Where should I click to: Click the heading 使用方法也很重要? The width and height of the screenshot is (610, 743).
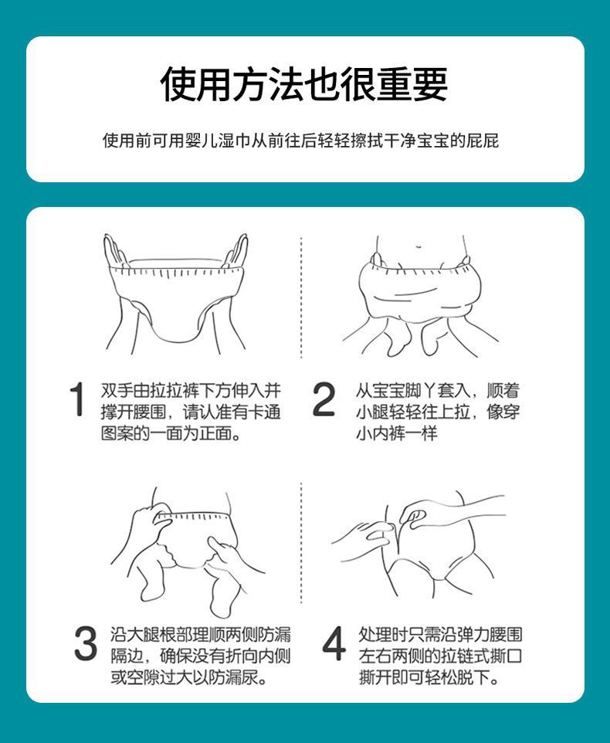click(304, 84)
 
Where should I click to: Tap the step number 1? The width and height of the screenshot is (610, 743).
click(77, 400)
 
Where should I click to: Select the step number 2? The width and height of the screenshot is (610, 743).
click(324, 400)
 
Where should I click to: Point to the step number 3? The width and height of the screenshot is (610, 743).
click(86, 643)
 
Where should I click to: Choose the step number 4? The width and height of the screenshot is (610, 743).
click(334, 643)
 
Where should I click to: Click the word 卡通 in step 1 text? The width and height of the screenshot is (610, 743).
click(265, 412)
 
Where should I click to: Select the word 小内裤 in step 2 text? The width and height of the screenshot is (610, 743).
click(381, 433)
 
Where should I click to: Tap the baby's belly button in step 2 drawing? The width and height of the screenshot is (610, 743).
click(419, 246)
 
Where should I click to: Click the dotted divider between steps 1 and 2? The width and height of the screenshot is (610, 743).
click(301, 297)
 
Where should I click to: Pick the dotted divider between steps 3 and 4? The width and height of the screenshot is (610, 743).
click(301, 543)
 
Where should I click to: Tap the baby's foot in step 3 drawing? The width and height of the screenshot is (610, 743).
click(222, 596)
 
